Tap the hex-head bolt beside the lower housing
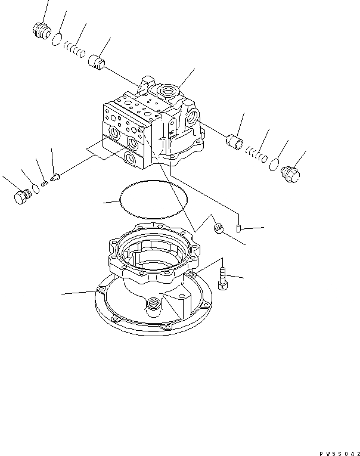click(222, 280)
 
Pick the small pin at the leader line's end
click(238, 228)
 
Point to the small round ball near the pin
click(218, 227)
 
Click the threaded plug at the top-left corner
click(42, 30)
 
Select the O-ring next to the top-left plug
click(57, 40)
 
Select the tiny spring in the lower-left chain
click(44, 183)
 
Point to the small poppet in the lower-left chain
click(55, 177)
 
